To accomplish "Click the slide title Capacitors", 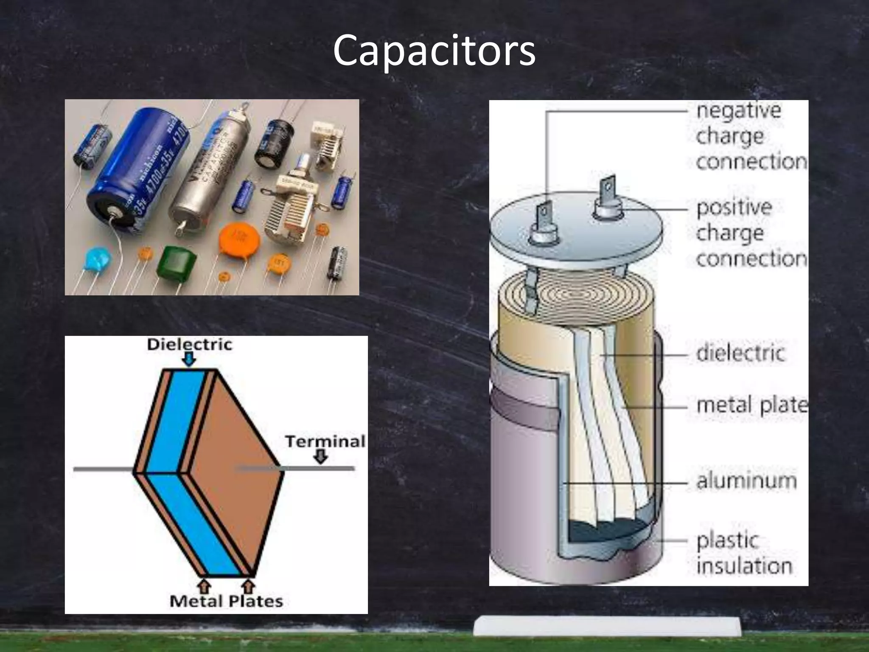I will point(434,51).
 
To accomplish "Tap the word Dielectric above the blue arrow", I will point(189,344).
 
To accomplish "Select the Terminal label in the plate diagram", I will point(325,441).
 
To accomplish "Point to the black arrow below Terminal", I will point(320,457).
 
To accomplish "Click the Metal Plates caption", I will point(226,601).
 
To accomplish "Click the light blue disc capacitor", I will point(97,259).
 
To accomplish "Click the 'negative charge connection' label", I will point(750,136).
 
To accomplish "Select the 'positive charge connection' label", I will point(750,233).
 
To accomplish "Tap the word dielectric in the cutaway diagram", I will point(740,353).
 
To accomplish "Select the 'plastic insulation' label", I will point(743,553).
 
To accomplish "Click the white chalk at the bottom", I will point(607,626).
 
